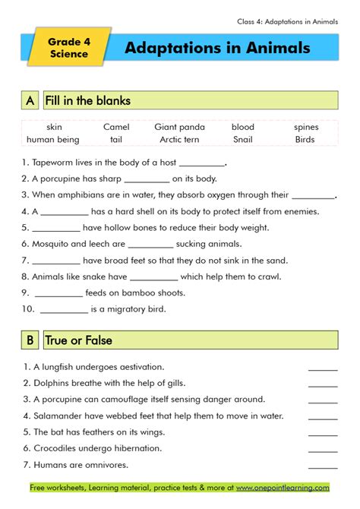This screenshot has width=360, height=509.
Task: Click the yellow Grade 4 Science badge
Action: click(x=69, y=48)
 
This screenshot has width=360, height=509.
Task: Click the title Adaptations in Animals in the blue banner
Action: click(x=217, y=48)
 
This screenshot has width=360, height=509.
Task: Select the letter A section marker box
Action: click(x=30, y=100)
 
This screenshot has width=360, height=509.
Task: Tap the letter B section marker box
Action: click(x=30, y=340)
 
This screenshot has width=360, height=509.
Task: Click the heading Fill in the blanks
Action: click(x=87, y=100)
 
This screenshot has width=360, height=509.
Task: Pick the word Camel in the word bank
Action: click(x=116, y=127)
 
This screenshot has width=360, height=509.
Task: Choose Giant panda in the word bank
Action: click(x=180, y=127)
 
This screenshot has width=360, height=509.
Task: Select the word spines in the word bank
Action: click(x=306, y=127)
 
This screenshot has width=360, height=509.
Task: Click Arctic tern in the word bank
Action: click(x=179, y=139)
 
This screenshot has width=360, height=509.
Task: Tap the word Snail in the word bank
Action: click(x=243, y=139)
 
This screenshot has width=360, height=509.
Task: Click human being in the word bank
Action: click(x=53, y=139)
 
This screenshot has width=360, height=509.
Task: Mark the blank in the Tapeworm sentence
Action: click(x=203, y=163)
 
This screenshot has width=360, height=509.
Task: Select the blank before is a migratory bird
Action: click(x=64, y=309)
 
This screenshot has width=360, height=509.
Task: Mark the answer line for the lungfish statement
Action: click(x=323, y=367)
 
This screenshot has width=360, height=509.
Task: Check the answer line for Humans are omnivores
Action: click(x=323, y=465)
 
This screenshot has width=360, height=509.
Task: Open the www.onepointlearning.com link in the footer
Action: click(x=283, y=487)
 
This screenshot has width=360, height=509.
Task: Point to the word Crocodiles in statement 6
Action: click(x=57, y=448)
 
